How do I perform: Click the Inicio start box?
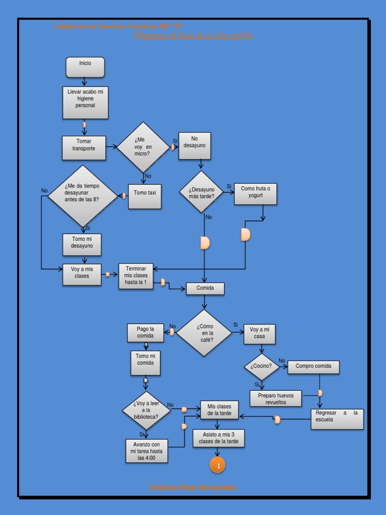click(85, 67)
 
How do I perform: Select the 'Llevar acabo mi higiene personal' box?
click(85, 102)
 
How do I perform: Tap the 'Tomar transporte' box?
click(84, 148)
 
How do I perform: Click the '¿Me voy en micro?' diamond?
click(143, 147)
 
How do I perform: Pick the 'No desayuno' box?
click(195, 146)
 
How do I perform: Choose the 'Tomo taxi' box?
click(145, 196)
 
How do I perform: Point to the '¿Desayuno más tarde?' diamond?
click(202, 192)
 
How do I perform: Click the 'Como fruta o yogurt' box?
click(255, 194)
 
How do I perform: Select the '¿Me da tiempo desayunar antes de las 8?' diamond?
click(82, 196)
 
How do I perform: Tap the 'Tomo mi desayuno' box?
click(82, 244)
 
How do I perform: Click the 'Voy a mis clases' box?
click(81, 275)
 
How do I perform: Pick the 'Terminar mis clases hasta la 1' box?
click(136, 276)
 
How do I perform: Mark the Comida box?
click(205, 289)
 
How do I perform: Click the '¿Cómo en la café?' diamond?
click(204, 333)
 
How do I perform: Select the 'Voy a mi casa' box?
click(259, 334)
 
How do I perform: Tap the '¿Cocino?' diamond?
click(261, 367)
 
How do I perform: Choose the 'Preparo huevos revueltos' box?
click(275, 398)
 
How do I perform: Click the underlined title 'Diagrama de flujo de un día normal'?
click(193, 35)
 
